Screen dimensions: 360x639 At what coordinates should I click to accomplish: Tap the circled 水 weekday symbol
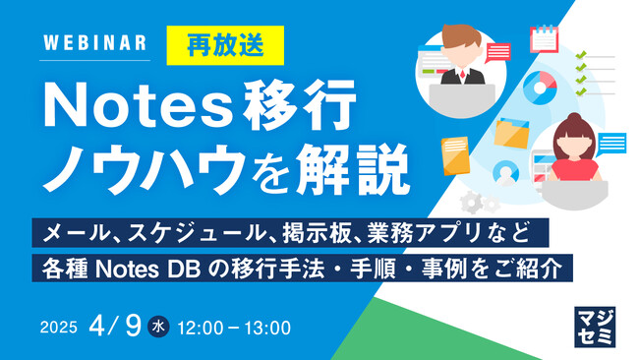(x=158, y=326)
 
